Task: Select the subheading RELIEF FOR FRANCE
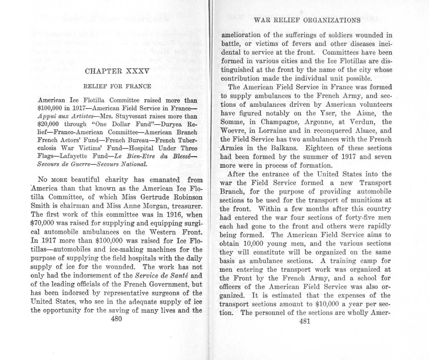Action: (117, 86)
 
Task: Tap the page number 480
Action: (116, 319)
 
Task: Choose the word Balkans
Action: (283, 148)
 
